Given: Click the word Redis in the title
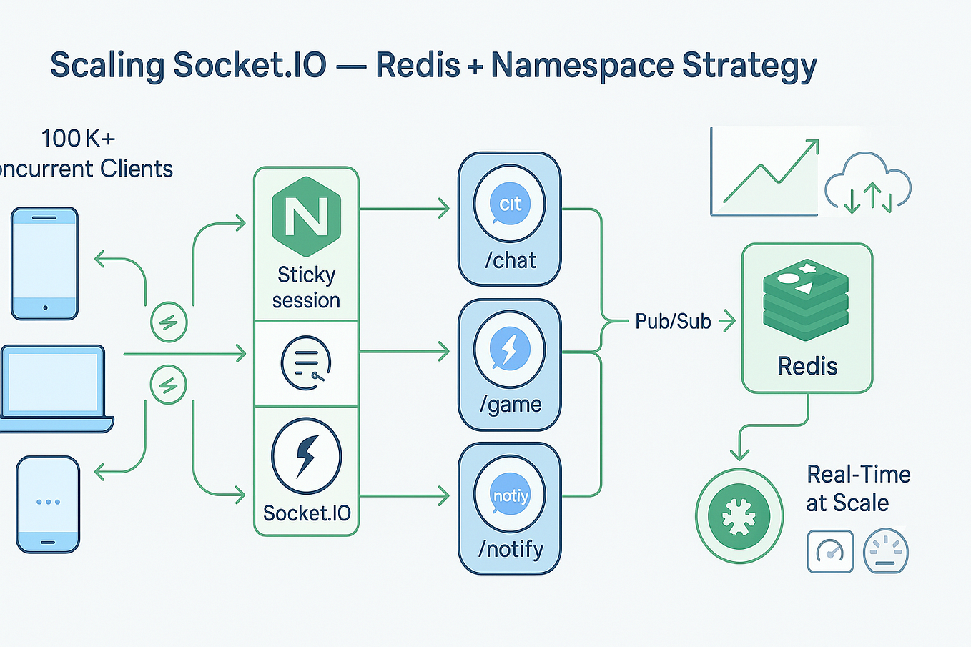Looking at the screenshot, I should click(x=418, y=66).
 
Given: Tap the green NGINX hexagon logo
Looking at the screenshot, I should click(x=306, y=216).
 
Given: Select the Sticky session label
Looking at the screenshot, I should click(x=306, y=287).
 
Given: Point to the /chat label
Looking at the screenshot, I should click(x=510, y=260).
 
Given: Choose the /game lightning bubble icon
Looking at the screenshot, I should click(x=510, y=351).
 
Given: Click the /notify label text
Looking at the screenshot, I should click(x=511, y=549).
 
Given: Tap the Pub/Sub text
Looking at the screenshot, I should click(x=673, y=322).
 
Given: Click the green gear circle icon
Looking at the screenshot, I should click(x=739, y=516).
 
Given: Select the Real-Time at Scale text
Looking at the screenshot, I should click(x=857, y=488).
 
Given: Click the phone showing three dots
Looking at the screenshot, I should click(x=48, y=504).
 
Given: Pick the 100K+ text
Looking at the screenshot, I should click(x=78, y=139).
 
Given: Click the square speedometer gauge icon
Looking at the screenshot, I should click(x=830, y=551).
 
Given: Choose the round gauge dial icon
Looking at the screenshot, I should click(x=885, y=552).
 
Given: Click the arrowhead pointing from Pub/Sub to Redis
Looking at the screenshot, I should click(x=729, y=321).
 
